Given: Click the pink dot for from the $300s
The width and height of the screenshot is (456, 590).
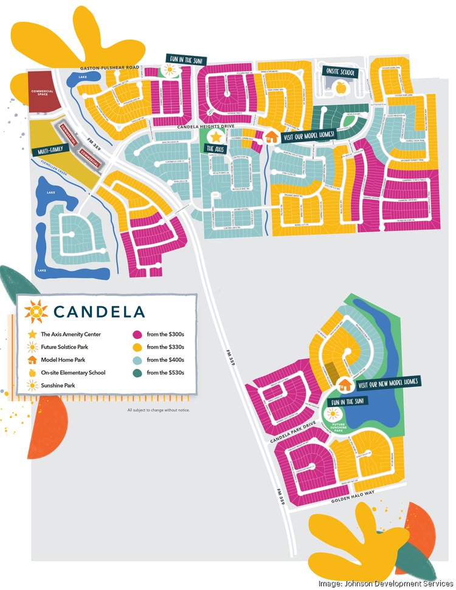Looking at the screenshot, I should [x=137, y=334].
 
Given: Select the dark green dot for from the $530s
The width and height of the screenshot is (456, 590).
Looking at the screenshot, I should [x=137, y=372].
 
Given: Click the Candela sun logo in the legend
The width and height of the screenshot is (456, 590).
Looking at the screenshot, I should [x=35, y=312].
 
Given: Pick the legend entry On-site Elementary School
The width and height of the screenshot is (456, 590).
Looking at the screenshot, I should [x=74, y=372].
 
